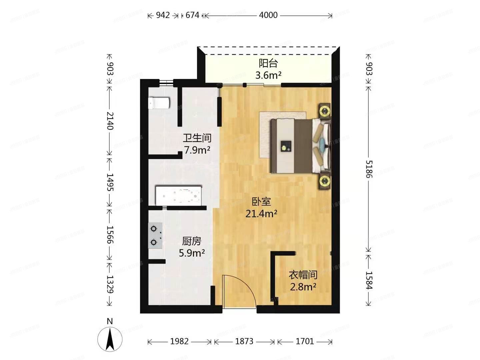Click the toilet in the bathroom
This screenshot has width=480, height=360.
click(x=159, y=103)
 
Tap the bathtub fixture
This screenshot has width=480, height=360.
click(x=178, y=196)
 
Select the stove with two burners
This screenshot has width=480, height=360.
click(x=155, y=235)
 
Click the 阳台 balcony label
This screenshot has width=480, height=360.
click(x=268, y=63)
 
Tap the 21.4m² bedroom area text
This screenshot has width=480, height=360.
click(x=261, y=214)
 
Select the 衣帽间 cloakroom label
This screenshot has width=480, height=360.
click(x=303, y=275)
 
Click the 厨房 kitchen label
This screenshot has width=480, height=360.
click(x=192, y=241)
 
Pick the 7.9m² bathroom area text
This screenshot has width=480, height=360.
click(x=197, y=150)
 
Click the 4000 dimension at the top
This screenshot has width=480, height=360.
click(x=268, y=15)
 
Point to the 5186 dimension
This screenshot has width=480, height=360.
click(x=369, y=169)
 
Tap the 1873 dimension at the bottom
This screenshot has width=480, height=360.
click(x=244, y=341)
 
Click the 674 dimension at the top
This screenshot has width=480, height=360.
click(x=192, y=15)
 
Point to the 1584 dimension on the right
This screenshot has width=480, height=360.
click(x=369, y=280)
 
